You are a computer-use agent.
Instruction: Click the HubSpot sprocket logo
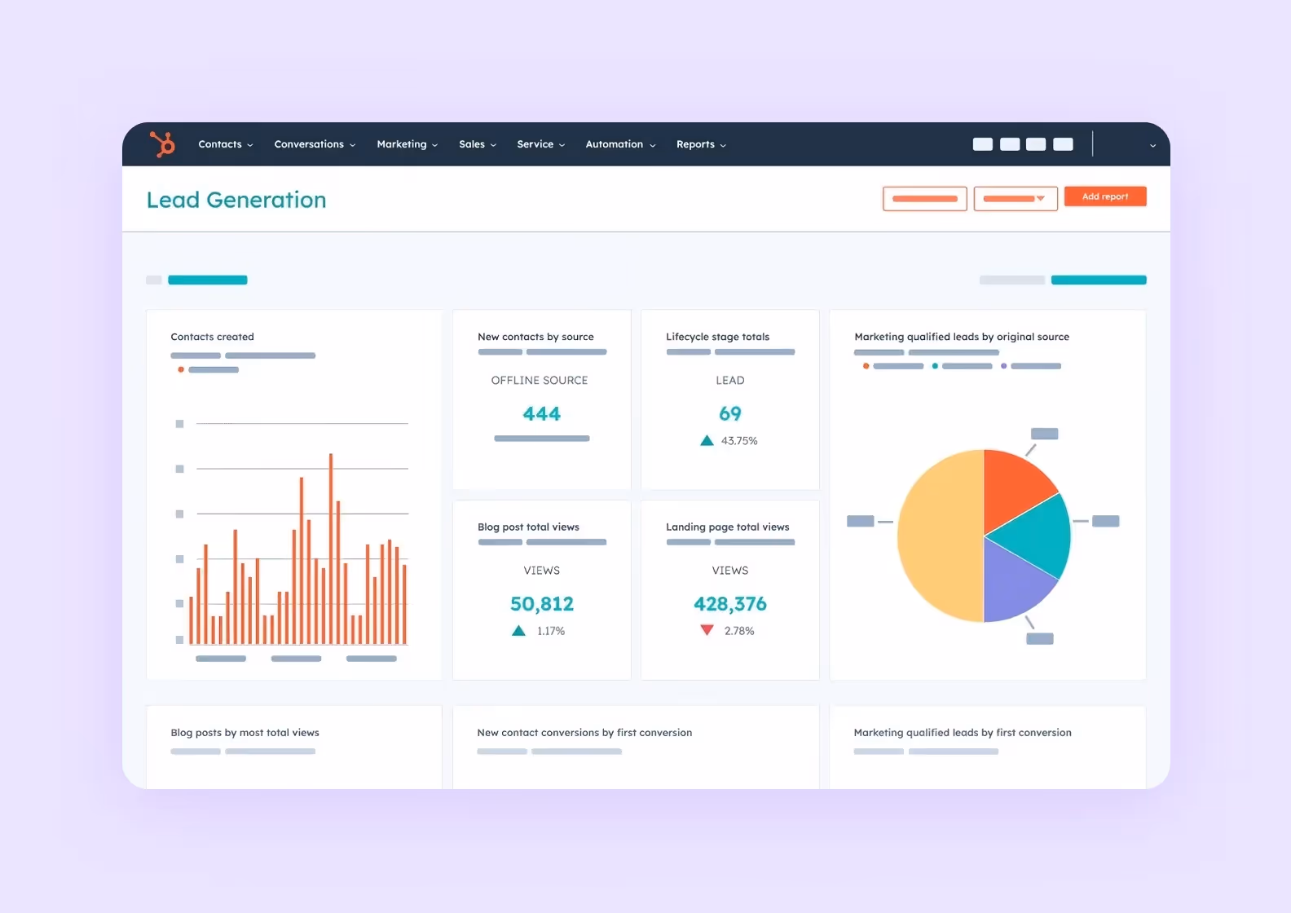pos(162,144)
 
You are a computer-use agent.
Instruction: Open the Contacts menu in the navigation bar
pos(225,144)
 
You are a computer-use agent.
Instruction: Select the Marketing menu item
pos(407,144)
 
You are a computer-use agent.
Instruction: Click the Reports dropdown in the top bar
pos(700,144)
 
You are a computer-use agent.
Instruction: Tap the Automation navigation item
pos(619,144)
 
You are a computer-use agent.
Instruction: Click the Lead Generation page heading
pos(236,200)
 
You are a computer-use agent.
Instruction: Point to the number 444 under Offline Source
pos(541,414)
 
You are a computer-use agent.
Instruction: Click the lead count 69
pos(729,414)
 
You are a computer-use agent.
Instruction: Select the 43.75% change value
pos(738,441)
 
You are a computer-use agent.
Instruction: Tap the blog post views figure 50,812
pos(541,604)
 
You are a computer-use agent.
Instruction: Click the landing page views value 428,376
pos(729,604)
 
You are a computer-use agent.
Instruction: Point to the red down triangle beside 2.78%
pos(707,630)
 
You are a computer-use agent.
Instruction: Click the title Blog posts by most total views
pos(245,733)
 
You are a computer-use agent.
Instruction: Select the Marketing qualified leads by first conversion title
pos(962,733)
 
